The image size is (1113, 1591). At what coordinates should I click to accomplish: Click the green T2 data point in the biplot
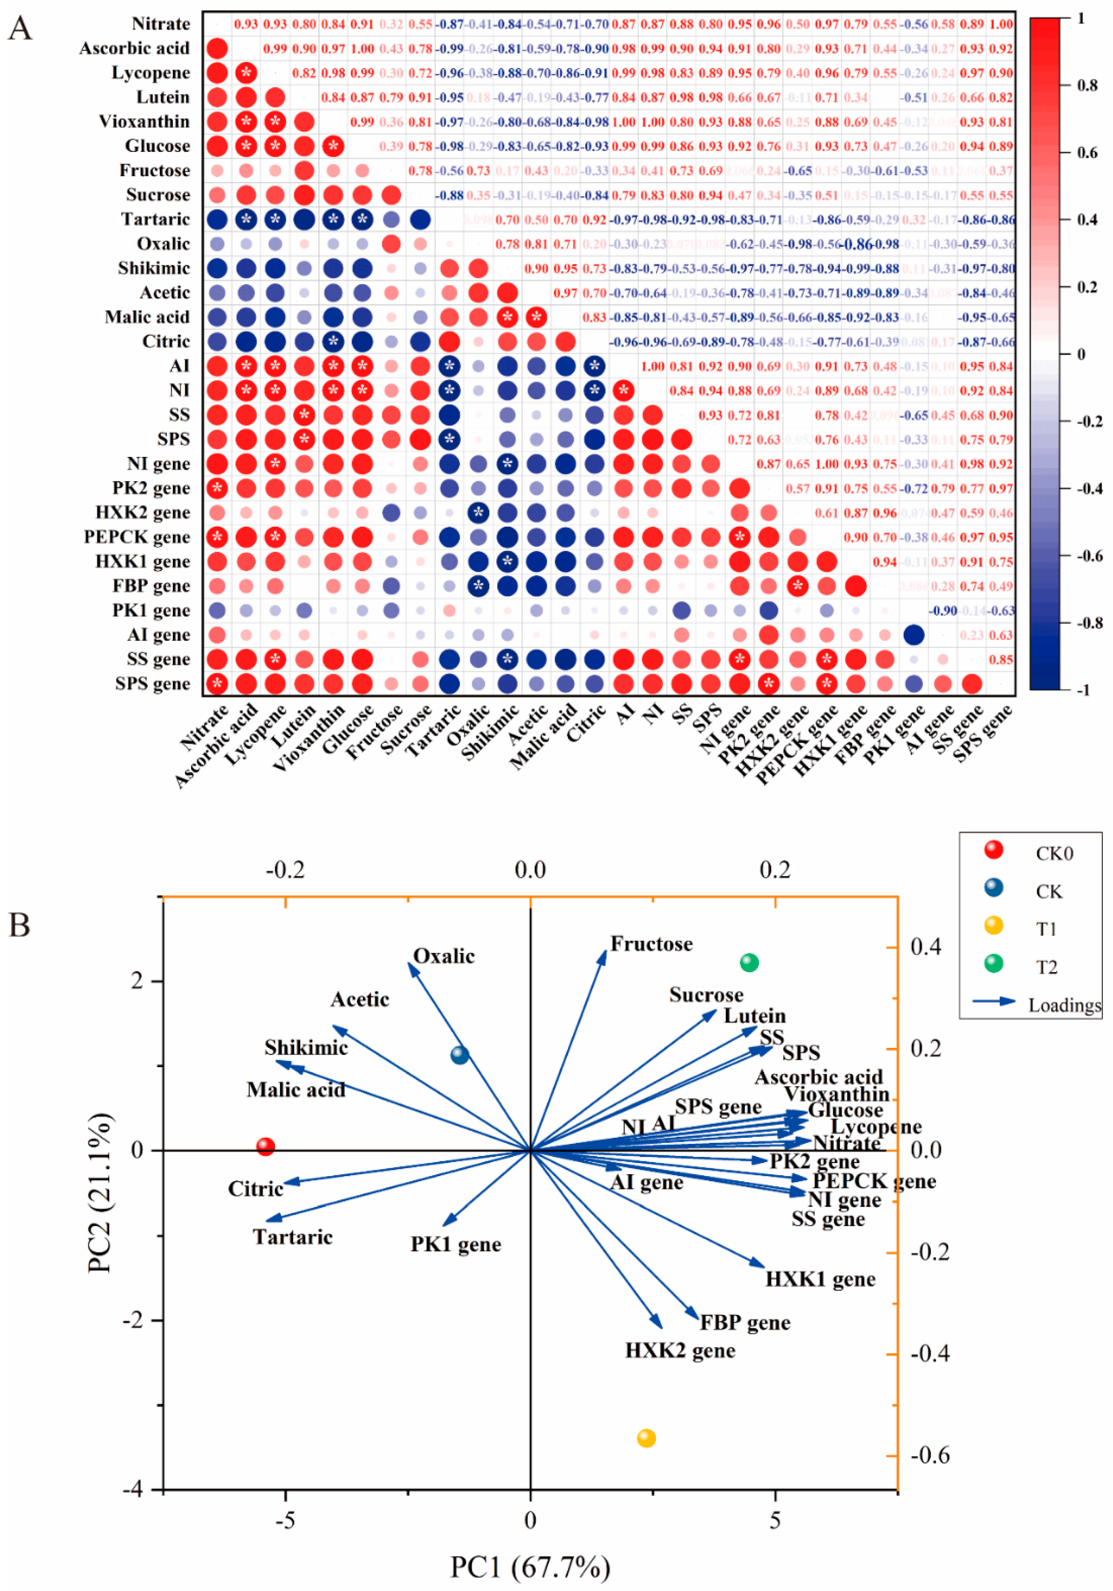[749, 963]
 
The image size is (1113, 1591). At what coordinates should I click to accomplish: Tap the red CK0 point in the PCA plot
[265, 1147]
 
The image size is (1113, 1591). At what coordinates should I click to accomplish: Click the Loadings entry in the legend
[1064, 1005]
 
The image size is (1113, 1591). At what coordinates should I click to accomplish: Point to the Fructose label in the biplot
[651, 944]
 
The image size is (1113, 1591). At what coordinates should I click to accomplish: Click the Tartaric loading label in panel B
[292, 1237]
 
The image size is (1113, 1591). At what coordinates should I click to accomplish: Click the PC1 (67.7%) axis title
[530, 1567]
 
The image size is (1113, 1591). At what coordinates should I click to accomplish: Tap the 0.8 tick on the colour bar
[1087, 85]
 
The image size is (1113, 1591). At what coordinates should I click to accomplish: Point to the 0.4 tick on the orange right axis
[926, 947]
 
